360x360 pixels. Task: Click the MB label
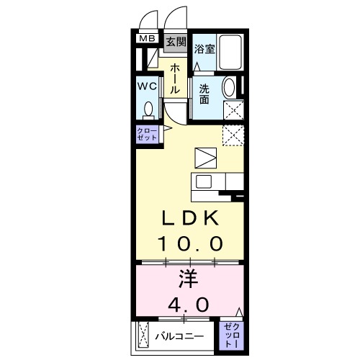tap(147, 39)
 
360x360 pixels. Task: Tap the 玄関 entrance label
tap(176, 41)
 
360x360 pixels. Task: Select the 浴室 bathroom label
tap(204, 49)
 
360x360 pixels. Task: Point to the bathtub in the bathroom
tap(232, 51)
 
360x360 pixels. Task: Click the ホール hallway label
tap(175, 78)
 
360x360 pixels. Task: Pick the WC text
tap(147, 85)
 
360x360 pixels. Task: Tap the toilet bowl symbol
tap(148, 109)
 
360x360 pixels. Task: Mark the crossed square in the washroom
tap(233, 111)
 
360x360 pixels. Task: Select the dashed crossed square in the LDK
tap(232, 136)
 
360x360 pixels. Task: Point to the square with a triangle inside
tap(204, 158)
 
